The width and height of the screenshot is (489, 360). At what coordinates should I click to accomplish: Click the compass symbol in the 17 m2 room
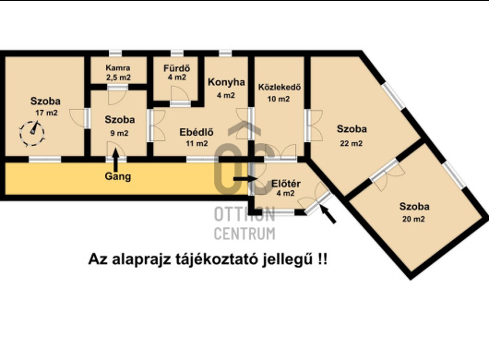coord(32,134)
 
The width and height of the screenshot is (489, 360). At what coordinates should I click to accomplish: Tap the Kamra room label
coord(118,67)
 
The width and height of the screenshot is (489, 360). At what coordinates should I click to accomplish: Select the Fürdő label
coord(176,68)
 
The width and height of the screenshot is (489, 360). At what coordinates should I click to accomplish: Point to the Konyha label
coord(226,82)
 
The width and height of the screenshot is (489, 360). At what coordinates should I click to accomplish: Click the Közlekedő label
coord(280,87)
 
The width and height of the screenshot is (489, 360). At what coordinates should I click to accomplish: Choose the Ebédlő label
coord(197,132)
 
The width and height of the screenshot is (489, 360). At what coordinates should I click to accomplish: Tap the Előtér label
coord(286,184)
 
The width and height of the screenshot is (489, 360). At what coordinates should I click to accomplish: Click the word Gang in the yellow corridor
coord(118,176)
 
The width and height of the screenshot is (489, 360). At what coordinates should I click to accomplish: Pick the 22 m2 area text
coord(352,143)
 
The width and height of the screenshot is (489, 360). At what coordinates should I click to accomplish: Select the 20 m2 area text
coord(413,219)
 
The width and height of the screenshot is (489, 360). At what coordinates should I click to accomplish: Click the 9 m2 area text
coord(119,133)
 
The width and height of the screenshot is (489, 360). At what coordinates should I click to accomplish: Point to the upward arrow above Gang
coord(115,160)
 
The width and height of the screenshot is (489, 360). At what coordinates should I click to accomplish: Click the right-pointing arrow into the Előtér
coord(245,179)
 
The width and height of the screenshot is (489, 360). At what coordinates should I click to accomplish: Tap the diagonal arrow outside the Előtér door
coord(328,214)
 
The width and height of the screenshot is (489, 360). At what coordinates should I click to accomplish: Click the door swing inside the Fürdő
coord(179,94)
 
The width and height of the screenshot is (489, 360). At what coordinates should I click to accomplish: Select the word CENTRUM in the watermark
coord(244,234)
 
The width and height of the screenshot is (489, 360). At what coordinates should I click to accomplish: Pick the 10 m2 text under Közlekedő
coord(279,99)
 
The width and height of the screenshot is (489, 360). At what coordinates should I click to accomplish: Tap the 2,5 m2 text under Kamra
coord(118,78)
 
